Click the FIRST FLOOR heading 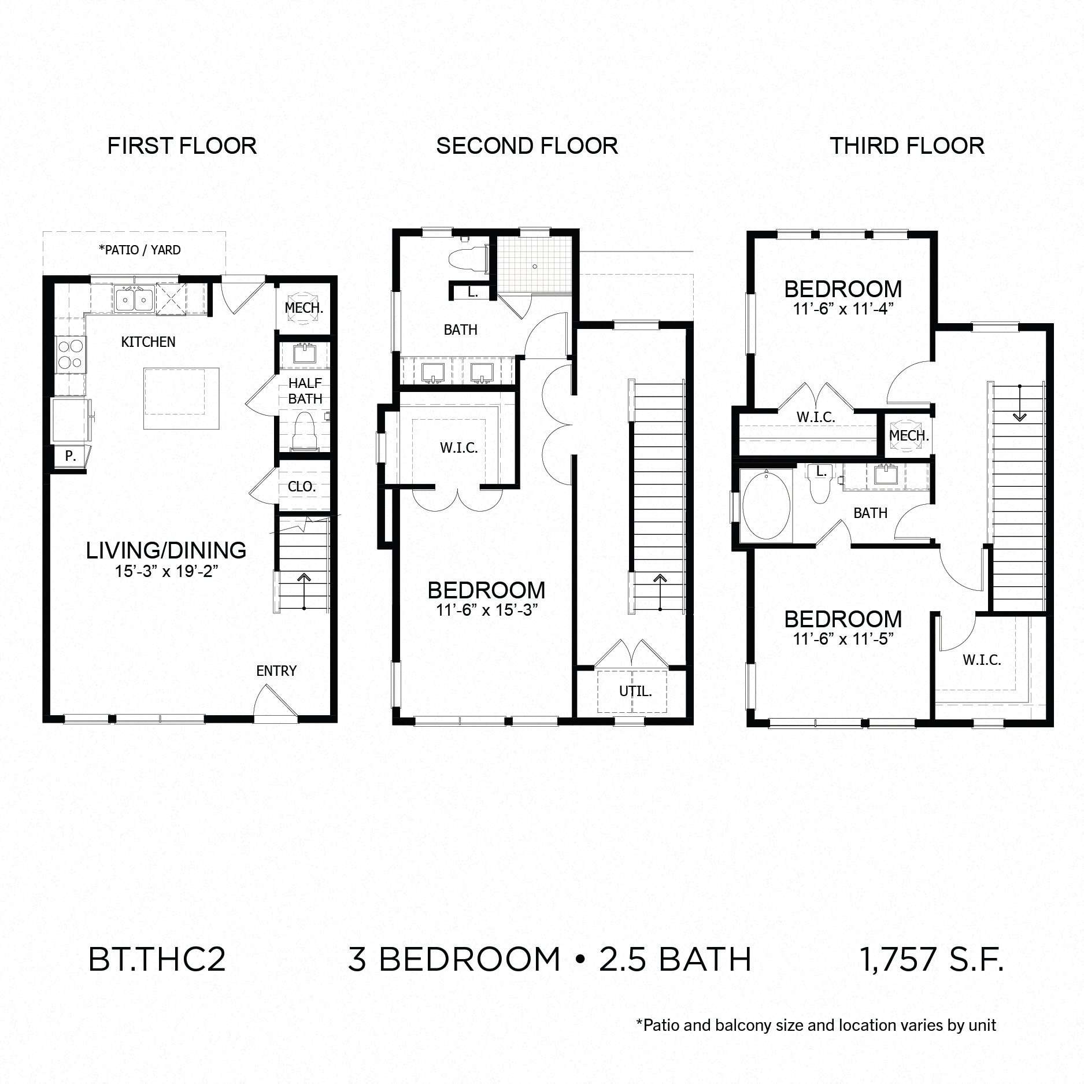(182, 146)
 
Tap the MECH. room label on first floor (304, 308)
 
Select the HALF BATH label (305, 391)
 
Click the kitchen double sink (134, 299)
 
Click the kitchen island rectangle (182, 398)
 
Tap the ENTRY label (276, 671)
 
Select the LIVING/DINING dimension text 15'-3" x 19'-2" (166, 572)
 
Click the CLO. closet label (302, 487)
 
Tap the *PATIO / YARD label (140, 250)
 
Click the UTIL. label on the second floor (635, 691)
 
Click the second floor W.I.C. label (459, 447)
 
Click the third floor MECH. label (909, 435)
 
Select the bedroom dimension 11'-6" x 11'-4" (843, 309)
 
